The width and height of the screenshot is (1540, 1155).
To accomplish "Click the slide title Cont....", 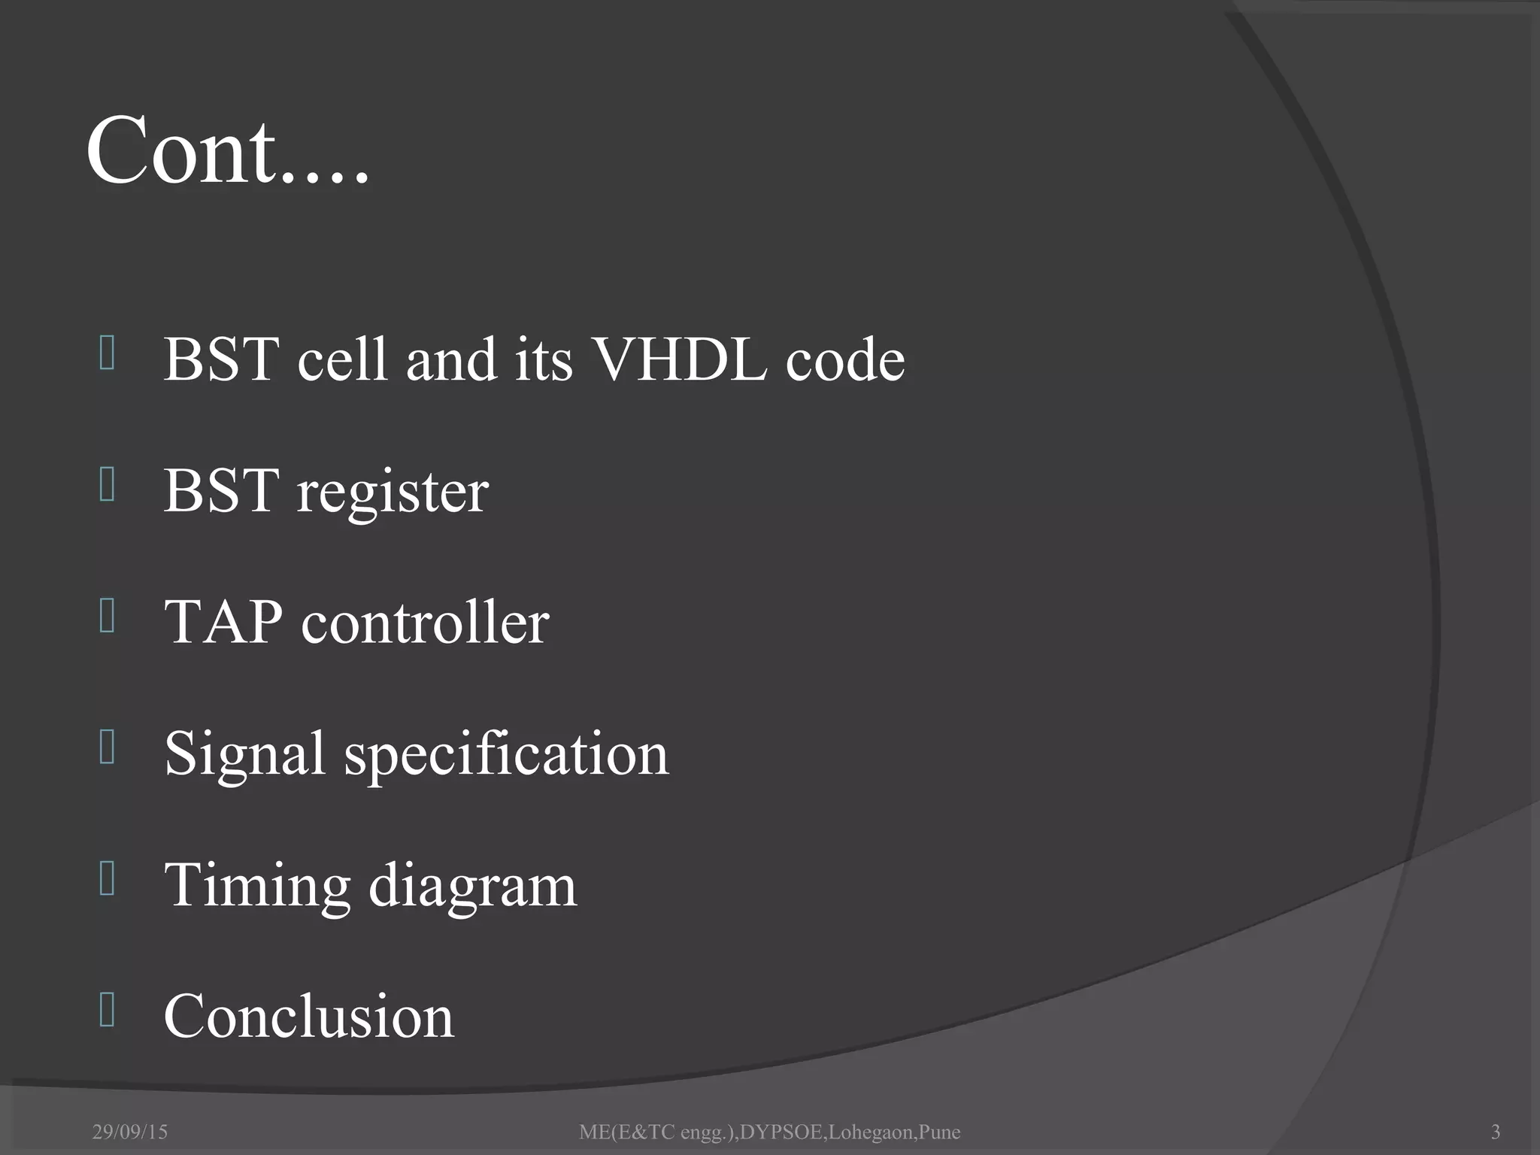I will [x=228, y=152].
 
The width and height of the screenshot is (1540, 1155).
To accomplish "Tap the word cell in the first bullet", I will [x=342, y=359].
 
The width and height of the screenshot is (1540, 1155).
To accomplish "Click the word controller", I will [x=425, y=623].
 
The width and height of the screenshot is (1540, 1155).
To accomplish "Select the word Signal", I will [x=245, y=755].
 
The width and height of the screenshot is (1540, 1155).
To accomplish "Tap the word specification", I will [x=506, y=755].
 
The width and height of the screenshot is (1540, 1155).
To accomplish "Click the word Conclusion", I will [x=309, y=1017].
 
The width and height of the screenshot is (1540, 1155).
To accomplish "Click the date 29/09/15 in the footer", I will [x=130, y=1132].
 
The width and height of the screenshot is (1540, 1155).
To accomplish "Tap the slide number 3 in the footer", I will [x=1495, y=1132].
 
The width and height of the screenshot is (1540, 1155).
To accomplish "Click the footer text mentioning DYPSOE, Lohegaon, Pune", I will [x=769, y=1132].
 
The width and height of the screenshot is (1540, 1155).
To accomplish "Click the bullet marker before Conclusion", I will [x=107, y=1010].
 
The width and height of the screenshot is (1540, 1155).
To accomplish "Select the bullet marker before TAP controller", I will [x=107, y=616].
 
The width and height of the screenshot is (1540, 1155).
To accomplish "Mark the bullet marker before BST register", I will [x=107, y=484].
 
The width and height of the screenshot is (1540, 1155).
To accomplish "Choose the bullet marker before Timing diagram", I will [x=107, y=879].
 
